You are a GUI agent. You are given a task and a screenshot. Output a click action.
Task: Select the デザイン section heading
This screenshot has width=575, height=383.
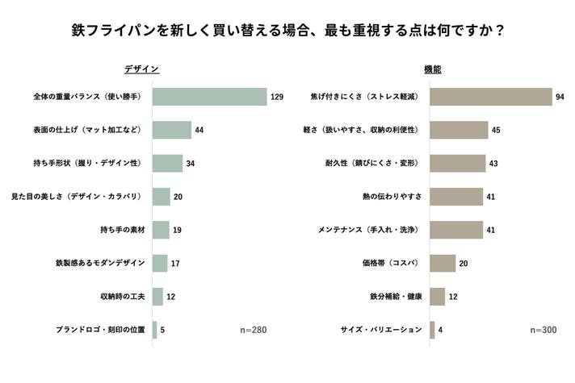[141, 69]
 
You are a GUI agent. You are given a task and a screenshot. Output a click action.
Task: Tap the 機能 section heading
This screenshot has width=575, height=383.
[433, 69]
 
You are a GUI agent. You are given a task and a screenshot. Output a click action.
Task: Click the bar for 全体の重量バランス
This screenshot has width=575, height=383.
[209, 97]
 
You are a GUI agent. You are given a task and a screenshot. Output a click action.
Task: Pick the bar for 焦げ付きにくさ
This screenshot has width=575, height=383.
[490, 97]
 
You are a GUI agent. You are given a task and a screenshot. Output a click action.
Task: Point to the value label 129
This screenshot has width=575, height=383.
[276, 98]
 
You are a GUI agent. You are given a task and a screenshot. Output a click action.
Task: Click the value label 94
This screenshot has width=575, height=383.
[560, 98]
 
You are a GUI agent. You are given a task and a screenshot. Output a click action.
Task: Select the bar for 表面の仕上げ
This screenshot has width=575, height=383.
[171, 131]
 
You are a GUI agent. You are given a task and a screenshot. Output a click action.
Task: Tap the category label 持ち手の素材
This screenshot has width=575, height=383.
[123, 230]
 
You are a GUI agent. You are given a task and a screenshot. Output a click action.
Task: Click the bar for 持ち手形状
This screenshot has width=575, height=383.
[167, 164]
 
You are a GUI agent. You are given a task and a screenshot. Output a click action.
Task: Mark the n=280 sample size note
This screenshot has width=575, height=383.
[254, 330]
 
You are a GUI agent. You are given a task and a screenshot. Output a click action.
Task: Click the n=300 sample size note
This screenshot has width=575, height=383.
[544, 330]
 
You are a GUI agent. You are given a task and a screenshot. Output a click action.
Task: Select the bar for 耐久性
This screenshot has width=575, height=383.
[457, 164]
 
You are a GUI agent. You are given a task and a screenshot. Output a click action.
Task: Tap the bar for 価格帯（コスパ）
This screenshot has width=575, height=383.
[443, 264]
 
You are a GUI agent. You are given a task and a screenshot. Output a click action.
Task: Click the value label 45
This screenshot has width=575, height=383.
[497, 131]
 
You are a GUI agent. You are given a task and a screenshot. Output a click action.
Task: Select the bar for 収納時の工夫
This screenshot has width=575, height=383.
[157, 297]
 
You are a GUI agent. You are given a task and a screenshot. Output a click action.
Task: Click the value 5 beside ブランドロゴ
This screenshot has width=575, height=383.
[163, 330]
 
